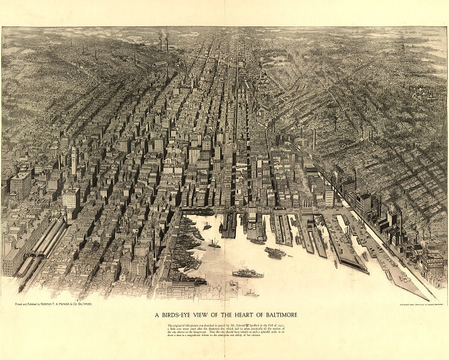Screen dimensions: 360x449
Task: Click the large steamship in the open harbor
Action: [247, 274]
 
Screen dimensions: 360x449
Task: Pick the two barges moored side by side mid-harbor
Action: [275, 253]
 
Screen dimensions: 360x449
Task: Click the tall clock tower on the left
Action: [74, 160]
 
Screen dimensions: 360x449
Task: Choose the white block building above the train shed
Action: [70, 200]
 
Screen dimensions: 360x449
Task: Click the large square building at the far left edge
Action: [20, 185]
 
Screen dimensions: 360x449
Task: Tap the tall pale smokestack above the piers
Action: [314, 138]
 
